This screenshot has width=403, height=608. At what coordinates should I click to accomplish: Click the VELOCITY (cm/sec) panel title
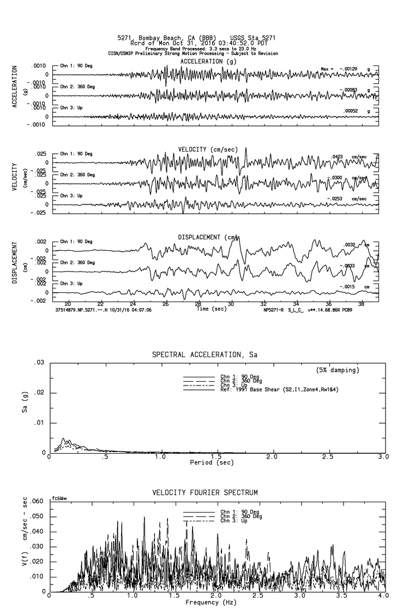(208, 149)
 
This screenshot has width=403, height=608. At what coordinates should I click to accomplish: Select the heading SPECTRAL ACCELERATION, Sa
(204, 355)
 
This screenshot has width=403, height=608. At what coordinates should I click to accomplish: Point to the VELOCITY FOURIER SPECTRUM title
(204, 493)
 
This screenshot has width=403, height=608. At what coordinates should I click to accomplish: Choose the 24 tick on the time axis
(133, 304)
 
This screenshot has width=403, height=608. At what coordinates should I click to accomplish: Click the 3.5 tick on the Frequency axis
(329, 597)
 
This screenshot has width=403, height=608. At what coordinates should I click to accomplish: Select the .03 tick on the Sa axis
(39, 363)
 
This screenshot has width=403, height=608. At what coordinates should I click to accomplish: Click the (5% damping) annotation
(338, 370)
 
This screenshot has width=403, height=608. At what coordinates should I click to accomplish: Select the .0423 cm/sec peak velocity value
(348, 156)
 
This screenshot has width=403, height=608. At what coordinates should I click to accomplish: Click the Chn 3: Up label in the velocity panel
(71, 195)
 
